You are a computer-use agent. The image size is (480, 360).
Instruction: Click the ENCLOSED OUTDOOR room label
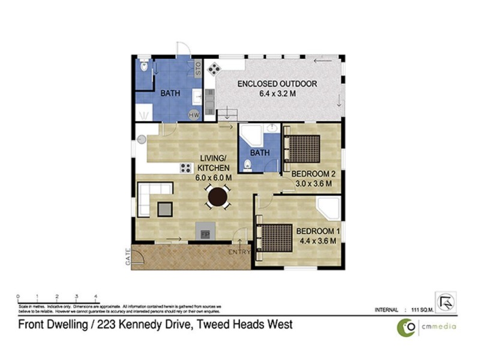pos(277,84)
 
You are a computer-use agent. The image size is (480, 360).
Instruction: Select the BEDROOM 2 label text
pos(311,175)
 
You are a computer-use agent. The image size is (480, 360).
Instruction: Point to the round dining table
pos(217,196)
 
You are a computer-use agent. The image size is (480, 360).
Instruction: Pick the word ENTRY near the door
pos(239,253)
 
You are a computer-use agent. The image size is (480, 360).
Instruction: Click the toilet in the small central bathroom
pos(247,165)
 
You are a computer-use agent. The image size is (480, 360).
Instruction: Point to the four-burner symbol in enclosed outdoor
pos(212,70)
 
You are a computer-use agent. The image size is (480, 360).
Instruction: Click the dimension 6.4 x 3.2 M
pos(277,94)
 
